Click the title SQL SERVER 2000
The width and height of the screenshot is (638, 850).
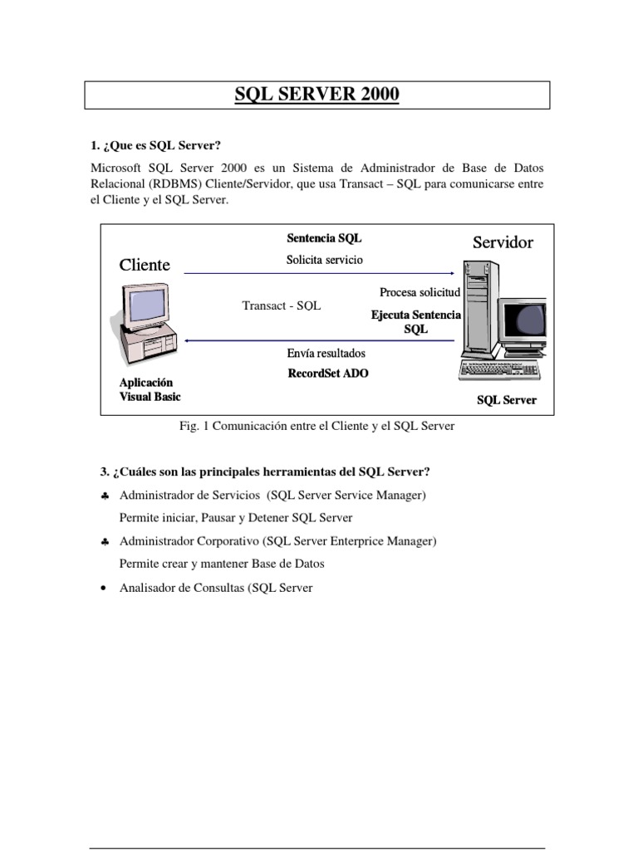pos(317,95)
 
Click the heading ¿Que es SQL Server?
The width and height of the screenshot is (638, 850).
pos(160,146)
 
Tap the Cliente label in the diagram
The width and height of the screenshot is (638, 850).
pos(145,265)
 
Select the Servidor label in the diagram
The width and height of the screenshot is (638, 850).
pos(503,242)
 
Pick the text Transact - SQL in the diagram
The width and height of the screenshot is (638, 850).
pos(281,305)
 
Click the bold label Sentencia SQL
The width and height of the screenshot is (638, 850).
pos(324,238)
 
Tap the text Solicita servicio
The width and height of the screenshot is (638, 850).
pos(324,260)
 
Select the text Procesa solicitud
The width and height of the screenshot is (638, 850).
pos(420,292)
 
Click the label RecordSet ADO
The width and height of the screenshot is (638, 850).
pos(327,374)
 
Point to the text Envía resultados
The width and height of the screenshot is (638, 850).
pos(326,354)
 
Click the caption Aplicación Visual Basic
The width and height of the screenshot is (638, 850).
pos(150,390)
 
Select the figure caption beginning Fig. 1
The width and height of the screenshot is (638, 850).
pos(317,426)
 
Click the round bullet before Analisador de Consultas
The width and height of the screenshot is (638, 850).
pos(101,589)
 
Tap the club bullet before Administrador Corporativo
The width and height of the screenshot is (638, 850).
pos(101,542)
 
